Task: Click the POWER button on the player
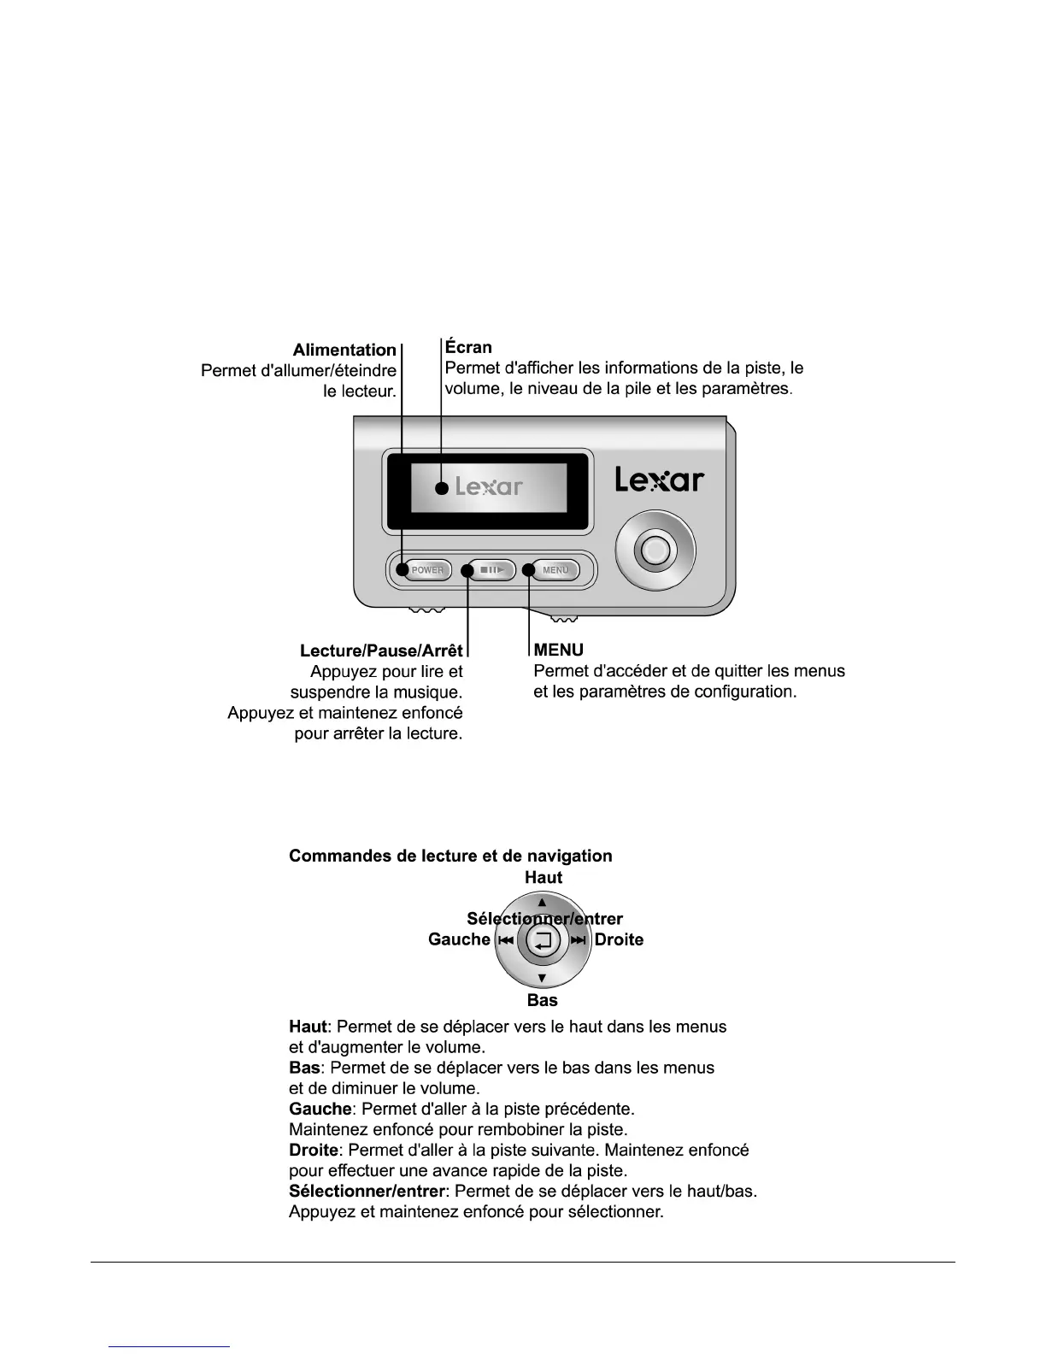pos(427,570)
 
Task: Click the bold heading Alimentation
pos(344,350)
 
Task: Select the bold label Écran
pos(468,347)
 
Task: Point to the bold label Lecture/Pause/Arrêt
pos(381,651)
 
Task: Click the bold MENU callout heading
pos(559,651)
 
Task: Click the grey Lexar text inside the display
pos(489,487)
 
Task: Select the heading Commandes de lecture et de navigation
pos(450,856)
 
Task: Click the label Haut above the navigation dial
pos(544,877)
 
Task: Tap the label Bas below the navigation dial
pos(543,1000)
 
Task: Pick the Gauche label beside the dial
pos(459,939)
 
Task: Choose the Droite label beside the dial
pos(619,939)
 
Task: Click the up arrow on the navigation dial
pos(542,902)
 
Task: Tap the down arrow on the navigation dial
pos(542,979)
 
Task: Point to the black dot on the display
pos(441,489)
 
